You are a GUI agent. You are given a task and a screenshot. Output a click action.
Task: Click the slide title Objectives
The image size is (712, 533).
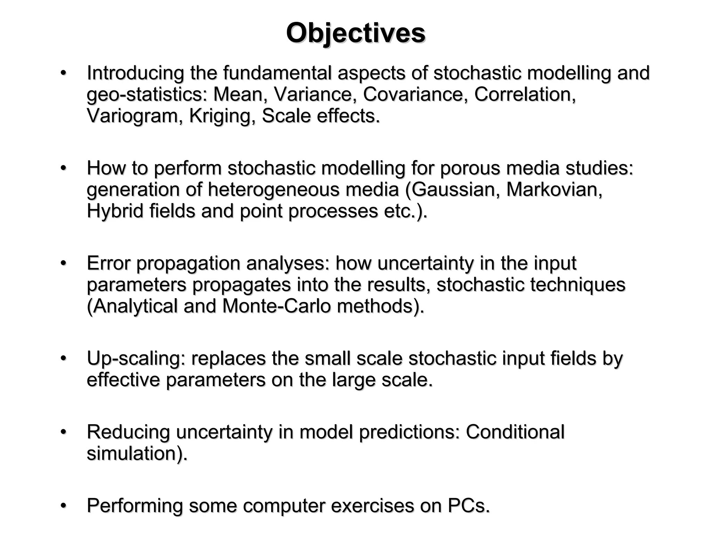point(356,33)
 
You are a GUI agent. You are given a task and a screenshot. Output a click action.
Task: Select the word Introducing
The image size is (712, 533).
point(135,73)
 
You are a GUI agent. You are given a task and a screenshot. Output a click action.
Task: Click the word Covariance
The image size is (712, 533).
point(415,94)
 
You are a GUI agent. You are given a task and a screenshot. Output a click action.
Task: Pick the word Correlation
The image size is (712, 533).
point(525,94)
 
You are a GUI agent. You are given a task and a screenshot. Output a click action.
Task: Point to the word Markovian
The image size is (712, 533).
point(554,190)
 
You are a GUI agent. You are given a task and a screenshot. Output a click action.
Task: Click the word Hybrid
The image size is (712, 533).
point(115,211)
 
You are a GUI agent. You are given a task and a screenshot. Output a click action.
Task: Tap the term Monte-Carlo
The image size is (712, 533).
point(276,306)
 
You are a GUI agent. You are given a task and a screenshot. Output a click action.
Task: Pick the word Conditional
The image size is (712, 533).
point(515,432)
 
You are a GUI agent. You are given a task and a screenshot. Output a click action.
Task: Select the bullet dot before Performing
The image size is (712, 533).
point(63,506)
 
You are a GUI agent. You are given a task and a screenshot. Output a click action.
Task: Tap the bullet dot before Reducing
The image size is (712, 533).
point(63,432)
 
